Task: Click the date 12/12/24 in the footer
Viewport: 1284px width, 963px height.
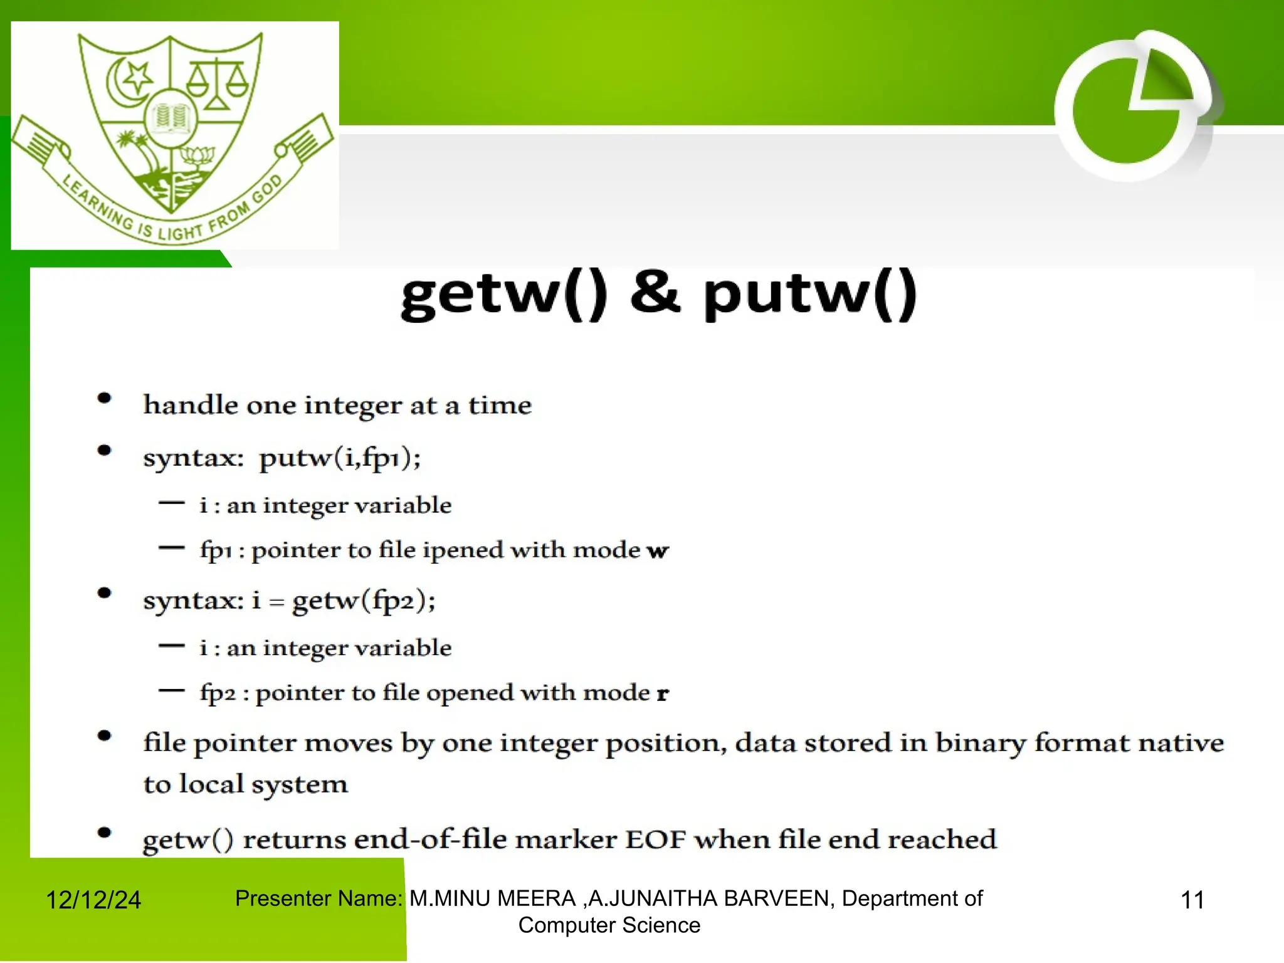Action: [x=93, y=900]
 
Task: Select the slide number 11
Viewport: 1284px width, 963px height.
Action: [x=1192, y=900]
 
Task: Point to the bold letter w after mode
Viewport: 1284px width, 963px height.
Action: [x=658, y=551]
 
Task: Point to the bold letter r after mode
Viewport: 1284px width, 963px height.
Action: [x=662, y=694]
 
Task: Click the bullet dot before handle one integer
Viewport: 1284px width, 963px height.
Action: [x=105, y=399]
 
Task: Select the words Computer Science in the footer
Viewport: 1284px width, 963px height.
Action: [x=609, y=925]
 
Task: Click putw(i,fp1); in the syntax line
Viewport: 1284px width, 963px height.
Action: [x=340, y=458]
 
